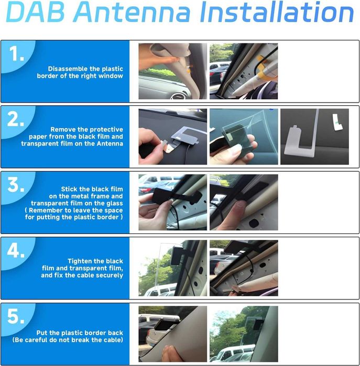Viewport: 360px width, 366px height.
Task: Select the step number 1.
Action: click(x=17, y=54)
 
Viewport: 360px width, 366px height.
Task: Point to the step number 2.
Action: click(x=17, y=120)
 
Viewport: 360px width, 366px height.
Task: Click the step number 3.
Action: click(x=17, y=185)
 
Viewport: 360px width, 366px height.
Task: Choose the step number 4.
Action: click(x=17, y=251)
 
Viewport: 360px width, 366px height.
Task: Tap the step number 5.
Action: click(x=17, y=316)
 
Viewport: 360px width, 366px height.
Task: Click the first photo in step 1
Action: click(x=172, y=71)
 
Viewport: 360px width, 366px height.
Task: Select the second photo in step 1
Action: click(x=244, y=71)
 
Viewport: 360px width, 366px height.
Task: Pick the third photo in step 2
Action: click(x=314, y=137)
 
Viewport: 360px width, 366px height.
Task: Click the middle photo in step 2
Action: click(x=244, y=137)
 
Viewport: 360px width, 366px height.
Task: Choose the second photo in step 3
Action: click(x=244, y=202)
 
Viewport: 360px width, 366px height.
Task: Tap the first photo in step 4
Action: click(x=172, y=268)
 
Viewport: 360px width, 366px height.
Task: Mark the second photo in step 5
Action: click(x=244, y=334)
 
